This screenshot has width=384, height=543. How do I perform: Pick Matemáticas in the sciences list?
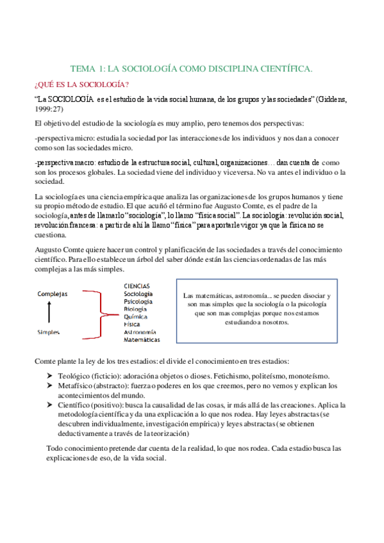pos(142,340)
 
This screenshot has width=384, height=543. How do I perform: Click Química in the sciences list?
pos(136,316)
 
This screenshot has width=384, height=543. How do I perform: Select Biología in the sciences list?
pos(137,309)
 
